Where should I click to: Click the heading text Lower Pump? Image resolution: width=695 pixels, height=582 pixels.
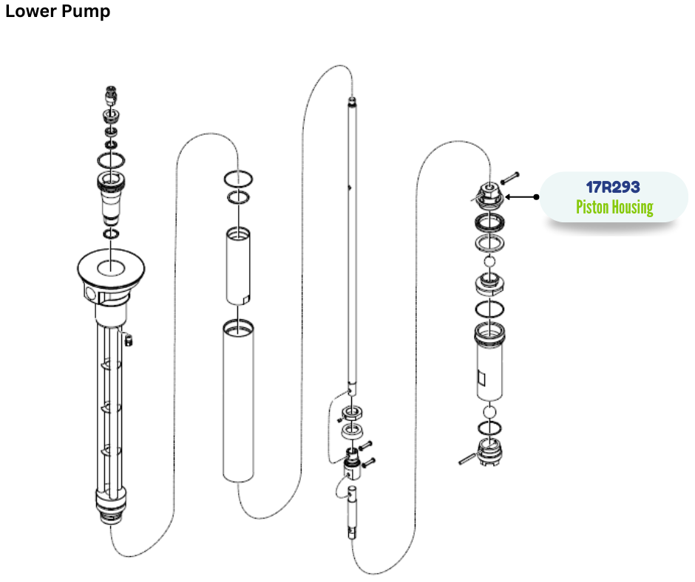click(58, 12)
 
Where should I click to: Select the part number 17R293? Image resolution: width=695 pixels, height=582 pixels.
click(613, 188)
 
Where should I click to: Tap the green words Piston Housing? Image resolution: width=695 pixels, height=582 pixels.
click(614, 207)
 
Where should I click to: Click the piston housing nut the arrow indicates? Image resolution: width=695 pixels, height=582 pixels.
click(489, 196)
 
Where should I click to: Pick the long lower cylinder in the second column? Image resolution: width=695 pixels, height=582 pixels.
click(238, 403)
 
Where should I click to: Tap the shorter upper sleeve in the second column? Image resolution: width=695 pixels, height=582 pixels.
click(239, 266)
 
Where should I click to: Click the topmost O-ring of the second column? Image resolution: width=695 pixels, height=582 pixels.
click(239, 180)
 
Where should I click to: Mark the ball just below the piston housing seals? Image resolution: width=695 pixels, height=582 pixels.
click(489, 261)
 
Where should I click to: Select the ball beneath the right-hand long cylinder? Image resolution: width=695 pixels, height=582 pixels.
click(489, 411)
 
